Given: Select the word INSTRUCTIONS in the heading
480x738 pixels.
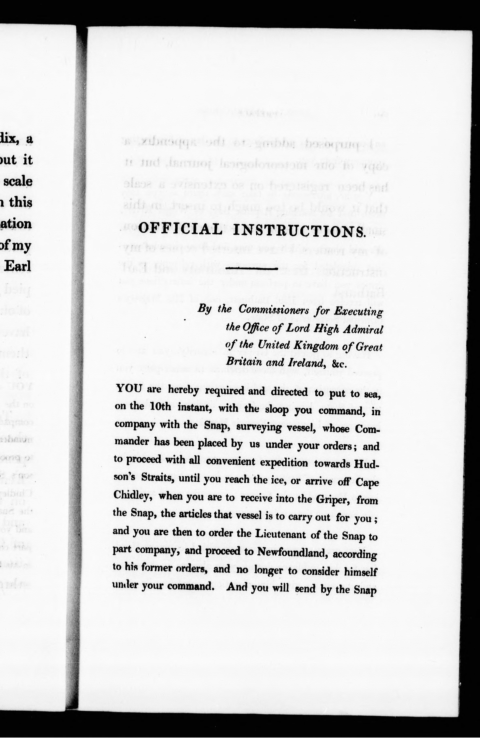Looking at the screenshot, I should point(299,231).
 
